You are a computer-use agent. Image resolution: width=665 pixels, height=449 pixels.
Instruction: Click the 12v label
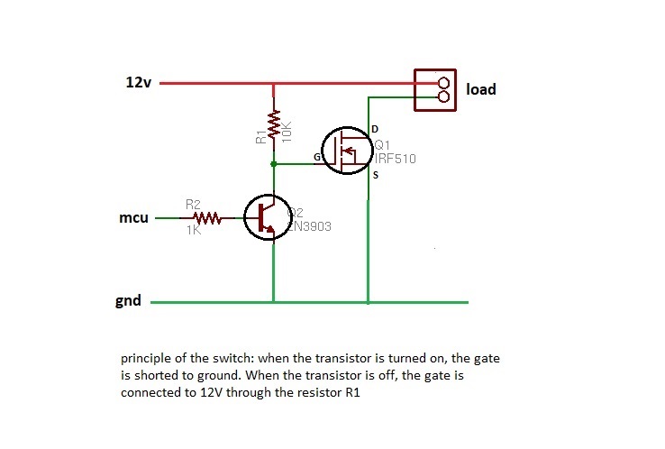[137, 82]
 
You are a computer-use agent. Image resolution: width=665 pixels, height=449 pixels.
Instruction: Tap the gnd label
[129, 300]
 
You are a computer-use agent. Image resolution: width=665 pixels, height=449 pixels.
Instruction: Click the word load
[480, 90]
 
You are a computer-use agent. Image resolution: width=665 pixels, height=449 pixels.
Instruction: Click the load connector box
[433, 90]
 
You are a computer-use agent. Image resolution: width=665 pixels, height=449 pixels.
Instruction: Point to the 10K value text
[287, 129]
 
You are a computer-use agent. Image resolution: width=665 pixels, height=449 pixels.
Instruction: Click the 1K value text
[193, 231]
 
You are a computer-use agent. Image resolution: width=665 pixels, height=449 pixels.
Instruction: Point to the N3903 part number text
[310, 226]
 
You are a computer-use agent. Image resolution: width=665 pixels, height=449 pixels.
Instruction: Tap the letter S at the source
[376, 175]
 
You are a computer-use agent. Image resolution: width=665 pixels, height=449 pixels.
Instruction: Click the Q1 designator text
[381, 145]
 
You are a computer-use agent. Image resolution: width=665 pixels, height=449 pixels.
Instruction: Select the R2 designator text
[193, 206]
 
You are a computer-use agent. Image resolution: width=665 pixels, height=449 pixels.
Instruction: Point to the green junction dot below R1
[273, 165]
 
